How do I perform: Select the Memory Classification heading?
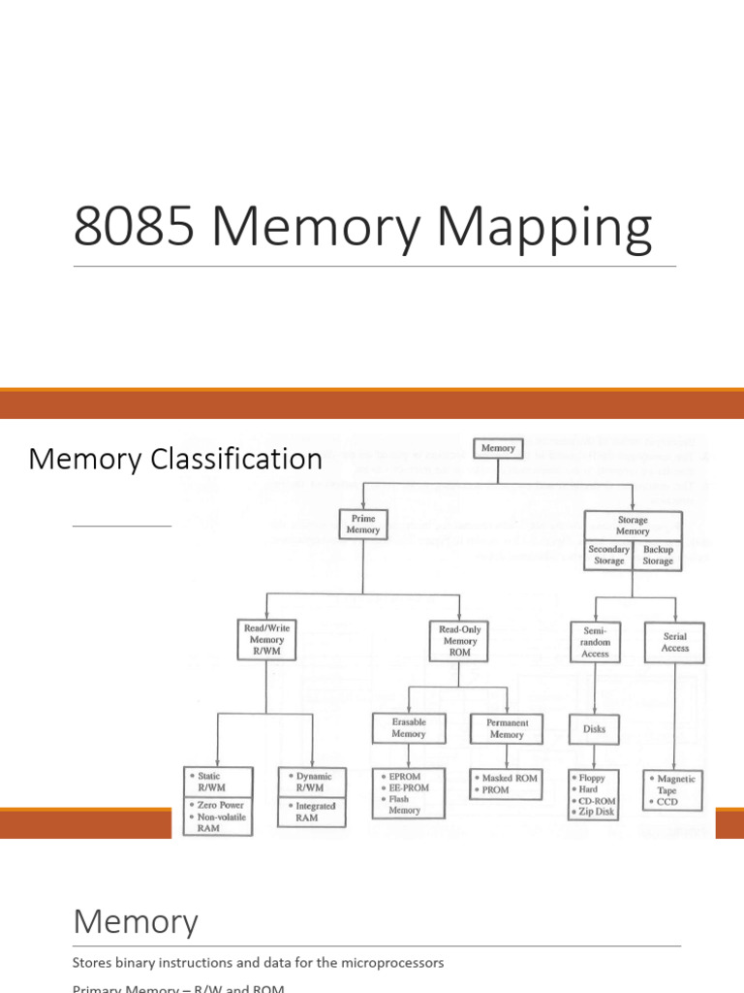(175, 459)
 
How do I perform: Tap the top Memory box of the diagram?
(499, 448)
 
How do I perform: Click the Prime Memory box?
(363, 525)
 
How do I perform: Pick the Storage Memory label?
(633, 526)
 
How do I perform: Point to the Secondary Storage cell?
(609, 555)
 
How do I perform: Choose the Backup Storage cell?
(658, 555)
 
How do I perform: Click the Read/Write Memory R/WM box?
(266, 640)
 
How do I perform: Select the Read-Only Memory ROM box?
(460, 641)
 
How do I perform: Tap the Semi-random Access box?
(595, 641)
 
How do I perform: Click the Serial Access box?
(675, 642)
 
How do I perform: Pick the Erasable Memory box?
(409, 728)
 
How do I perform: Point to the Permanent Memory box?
(507, 728)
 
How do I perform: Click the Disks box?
(595, 729)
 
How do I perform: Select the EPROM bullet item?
(405, 778)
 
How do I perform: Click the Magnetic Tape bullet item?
(675, 784)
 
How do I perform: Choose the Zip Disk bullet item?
(594, 812)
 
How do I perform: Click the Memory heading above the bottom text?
(136, 921)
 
